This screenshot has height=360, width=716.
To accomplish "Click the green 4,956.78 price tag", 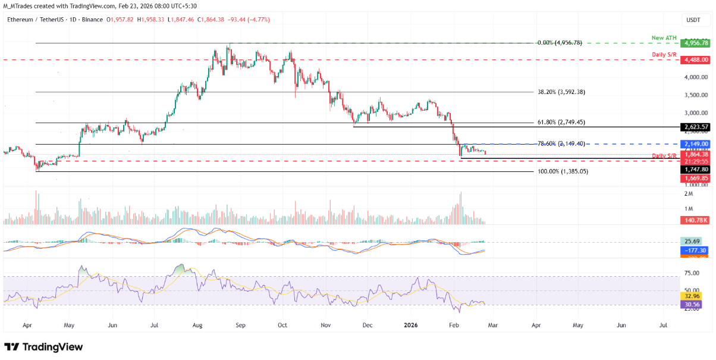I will point(696,43).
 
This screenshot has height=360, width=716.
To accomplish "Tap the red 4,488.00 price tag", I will point(696,60).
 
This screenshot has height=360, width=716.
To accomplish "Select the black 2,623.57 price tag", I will point(696,127).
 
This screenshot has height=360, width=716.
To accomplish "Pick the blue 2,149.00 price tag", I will point(696,144).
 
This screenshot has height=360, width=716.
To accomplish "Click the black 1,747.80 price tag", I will point(696,169).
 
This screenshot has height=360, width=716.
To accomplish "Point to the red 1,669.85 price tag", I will point(696,177).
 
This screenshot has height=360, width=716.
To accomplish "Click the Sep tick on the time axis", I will point(240,326).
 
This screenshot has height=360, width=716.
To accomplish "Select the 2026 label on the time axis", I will point(410,326).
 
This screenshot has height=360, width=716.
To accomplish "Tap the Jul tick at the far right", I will point(664,326).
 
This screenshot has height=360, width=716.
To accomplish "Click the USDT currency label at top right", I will point(693,20).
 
